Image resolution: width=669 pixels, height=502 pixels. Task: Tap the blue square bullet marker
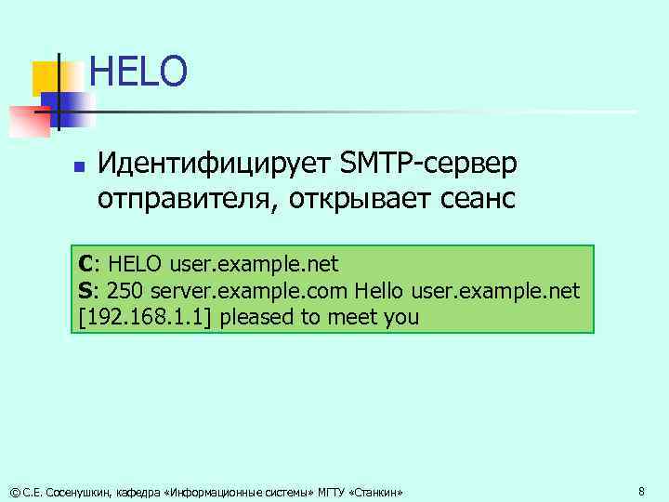(79, 168)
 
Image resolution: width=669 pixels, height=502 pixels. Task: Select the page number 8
(641, 490)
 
